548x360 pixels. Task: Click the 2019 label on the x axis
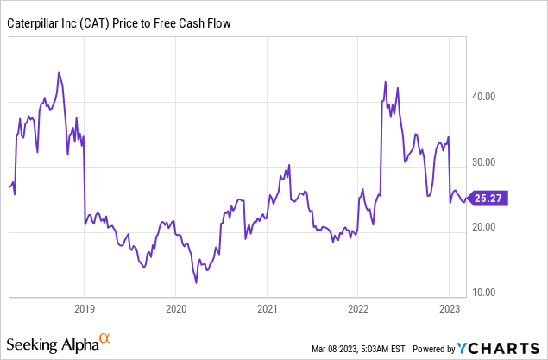pyautogui.click(x=84, y=308)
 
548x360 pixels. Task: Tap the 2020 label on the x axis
pyautogui.click(x=175, y=308)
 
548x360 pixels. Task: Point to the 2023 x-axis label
pyautogui.click(x=450, y=308)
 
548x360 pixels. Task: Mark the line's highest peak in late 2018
pyautogui.click(x=58, y=72)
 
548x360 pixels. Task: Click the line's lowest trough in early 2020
pyautogui.click(x=196, y=282)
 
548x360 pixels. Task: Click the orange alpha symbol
pyautogui.click(x=105, y=339)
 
